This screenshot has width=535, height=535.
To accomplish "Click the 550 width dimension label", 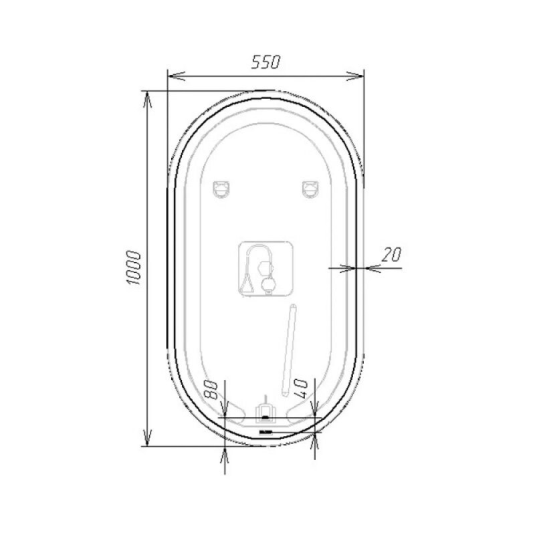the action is click(x=265, y=62).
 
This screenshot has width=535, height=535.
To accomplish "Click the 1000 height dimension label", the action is click(x=133, y=268).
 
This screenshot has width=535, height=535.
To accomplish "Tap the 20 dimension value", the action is click(x=391, y=255).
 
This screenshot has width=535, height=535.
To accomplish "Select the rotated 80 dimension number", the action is click(x=210, y=390).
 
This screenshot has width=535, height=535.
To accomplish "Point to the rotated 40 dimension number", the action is click(x=300, y=389).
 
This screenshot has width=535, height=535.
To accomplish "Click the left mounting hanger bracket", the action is click(x=221, y=189).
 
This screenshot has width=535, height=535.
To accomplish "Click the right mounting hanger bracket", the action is click(x=310, y=189).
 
